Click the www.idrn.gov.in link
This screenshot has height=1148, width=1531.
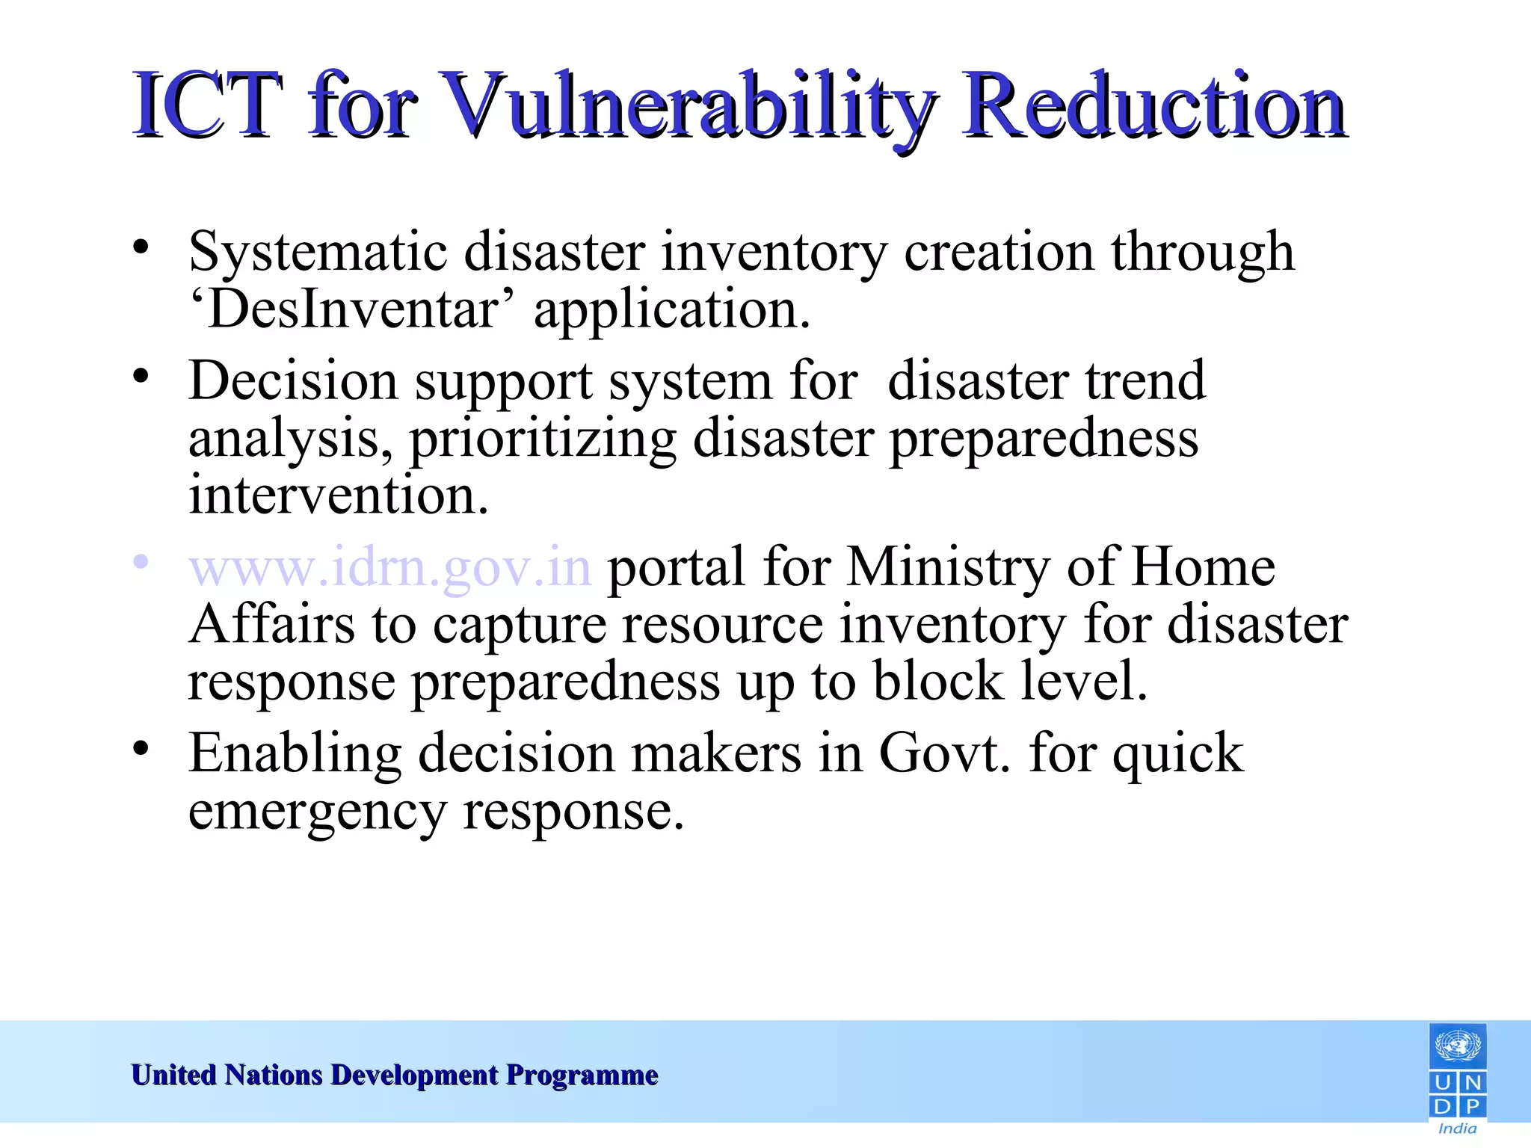pyautogui.click(x=390, y=567)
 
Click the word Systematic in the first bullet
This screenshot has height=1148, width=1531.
pyautogui.click(x=318, y=253)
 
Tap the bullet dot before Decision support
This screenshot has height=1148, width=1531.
pyautogui.click(x=141, y=376)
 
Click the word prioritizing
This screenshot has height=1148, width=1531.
pyautogui.click(x=543, y=439)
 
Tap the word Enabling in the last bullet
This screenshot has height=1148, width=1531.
pyautogui.click(x=295, y=753)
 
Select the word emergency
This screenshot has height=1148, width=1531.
pyautogui.click(x=317, y=812)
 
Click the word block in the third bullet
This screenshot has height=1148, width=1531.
pyautogui.click(x=938, y=681)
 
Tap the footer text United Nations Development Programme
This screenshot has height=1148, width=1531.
pyautogui.click(x=395, y=1075)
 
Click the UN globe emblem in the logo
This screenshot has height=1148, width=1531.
pyautogui.click(x=1458, y=1046)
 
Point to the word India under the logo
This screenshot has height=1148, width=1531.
pyautogui.click(x=1458, y=1129)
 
